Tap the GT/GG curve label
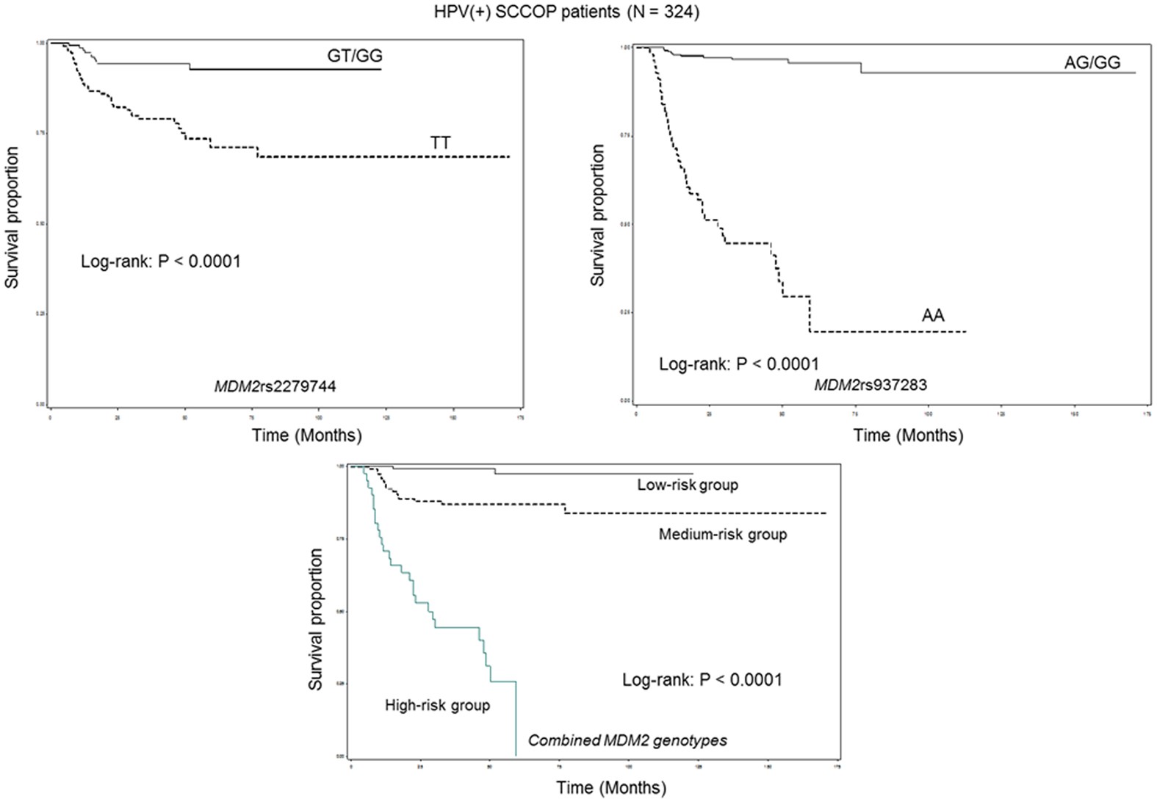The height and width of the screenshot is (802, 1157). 355,56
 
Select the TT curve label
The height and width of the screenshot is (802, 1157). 440,143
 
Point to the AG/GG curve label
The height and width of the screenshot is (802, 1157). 1092,62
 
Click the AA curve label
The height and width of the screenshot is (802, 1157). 933,316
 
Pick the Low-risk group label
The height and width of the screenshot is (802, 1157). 687,485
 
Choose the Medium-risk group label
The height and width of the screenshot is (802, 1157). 722,534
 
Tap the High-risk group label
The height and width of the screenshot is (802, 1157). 437,706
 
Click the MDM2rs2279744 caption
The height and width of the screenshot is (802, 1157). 275,386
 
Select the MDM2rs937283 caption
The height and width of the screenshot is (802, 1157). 871,384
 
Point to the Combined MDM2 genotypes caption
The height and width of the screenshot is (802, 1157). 627,740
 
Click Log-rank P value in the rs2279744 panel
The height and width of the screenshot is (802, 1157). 161,261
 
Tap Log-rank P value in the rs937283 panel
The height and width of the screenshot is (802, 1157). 738,364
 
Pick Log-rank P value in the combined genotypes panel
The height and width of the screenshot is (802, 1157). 702,680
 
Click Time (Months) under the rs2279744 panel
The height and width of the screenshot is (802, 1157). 306,436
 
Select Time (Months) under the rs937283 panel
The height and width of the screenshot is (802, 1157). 908,436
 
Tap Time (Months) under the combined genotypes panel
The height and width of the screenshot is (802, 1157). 611,788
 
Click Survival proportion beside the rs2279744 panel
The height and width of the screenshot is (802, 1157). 12,217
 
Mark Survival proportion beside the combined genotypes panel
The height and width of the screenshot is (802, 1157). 316,618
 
